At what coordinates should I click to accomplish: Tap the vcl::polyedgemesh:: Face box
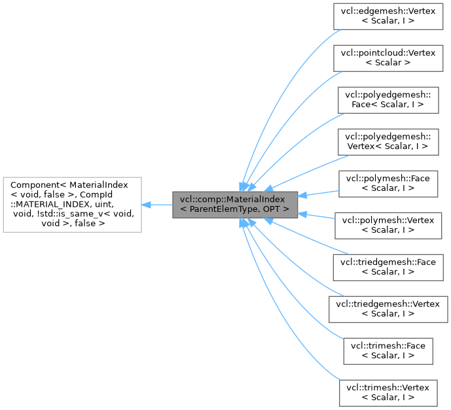[x=388, y=99]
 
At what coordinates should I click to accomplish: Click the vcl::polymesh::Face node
[x=388, y=184]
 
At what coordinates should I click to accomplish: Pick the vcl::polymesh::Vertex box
[x=388, y=225]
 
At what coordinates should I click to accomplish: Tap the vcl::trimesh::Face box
[x=388, y=350]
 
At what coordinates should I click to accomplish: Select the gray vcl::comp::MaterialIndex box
[x=235, y=205]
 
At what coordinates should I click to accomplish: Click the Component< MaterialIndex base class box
[x=73, y=205]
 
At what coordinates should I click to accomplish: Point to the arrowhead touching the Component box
[x=147, y=205]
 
